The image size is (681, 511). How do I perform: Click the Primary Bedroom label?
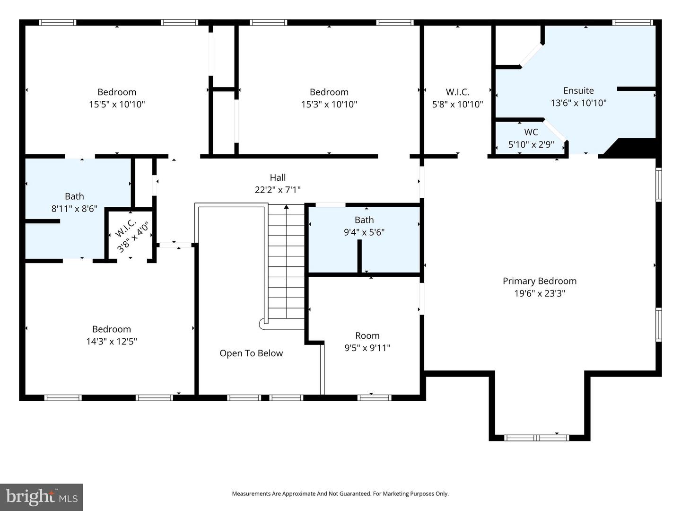539,281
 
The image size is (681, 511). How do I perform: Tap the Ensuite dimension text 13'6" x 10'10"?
578,103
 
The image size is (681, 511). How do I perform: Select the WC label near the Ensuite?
531,132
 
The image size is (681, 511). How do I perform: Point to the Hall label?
278,177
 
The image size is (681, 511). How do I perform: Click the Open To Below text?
251,353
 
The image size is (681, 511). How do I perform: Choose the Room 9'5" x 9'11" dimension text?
367,348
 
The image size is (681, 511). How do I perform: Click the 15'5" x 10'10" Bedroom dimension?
117,104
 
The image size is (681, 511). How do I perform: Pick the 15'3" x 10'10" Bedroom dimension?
329,104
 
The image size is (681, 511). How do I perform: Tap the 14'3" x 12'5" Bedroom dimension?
112,341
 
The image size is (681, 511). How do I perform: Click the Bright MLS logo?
42,497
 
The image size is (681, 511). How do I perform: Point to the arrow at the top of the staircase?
286,207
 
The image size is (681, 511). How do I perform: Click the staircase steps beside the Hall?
287,265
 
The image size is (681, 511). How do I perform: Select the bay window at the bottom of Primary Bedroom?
537,438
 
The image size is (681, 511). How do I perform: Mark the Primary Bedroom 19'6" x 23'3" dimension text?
540,293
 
